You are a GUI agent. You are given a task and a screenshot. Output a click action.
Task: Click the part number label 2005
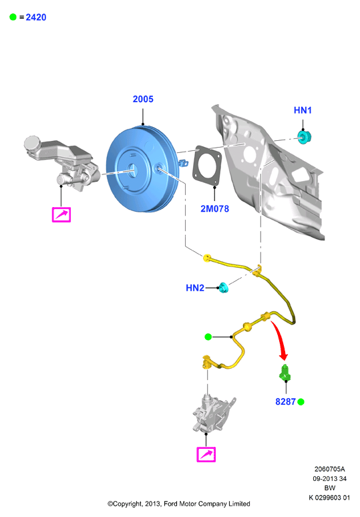(x=143, y=99)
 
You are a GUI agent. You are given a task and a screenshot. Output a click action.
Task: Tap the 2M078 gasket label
(x=214, y=208)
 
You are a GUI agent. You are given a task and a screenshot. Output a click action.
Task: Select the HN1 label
(x=303, y=110)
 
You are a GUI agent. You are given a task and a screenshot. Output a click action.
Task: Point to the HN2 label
(x=195, y=288)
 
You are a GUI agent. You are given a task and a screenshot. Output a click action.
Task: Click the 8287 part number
(x=285, y=401)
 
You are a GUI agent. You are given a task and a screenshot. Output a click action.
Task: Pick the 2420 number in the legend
(x=36, y=17)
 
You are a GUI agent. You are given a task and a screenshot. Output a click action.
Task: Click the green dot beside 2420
(x=13, y=17)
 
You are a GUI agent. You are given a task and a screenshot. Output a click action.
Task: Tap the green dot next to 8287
(x=301, y=401)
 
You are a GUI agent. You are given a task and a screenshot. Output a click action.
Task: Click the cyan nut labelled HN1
(x=305, y=137)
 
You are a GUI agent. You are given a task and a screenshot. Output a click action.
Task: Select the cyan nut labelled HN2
(x=224, y=287)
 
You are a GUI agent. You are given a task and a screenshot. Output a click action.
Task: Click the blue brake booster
(x=143, y=168)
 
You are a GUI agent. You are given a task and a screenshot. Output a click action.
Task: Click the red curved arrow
(x=280, y=339)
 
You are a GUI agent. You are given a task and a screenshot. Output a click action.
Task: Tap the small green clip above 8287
(x=285, y=373)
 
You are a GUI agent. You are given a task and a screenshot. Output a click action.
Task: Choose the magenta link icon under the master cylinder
(x=61, y=214)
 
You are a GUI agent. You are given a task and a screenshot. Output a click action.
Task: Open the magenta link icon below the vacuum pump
(x=206, y=455)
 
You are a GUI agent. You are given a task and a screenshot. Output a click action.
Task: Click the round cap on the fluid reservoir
(x=32, y=143)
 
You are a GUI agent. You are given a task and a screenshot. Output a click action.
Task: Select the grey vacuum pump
(x=214, y=413)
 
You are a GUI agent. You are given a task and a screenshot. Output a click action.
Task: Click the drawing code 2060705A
(x=329, y=469)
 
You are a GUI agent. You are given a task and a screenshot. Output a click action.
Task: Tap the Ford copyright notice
(x=179, y=504)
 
